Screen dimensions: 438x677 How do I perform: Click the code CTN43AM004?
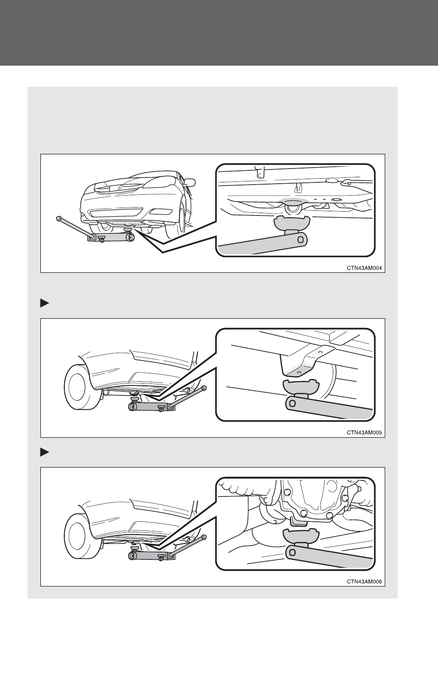364,268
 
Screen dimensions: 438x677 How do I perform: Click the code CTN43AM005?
364,433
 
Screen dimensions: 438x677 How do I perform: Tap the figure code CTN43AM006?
364,581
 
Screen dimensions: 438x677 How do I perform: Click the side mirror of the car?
190,182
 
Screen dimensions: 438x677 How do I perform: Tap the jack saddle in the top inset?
292,222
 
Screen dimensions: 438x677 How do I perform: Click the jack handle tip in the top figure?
58,218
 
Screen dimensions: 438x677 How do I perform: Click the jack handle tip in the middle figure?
204,387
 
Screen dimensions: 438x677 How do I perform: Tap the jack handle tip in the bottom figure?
204,536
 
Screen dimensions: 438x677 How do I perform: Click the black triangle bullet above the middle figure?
45,303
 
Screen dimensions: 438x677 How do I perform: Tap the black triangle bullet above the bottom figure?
45,452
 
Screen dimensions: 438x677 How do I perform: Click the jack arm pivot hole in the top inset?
300,239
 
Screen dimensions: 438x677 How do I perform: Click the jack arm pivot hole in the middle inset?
292,403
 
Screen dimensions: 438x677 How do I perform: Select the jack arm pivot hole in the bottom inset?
292,553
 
